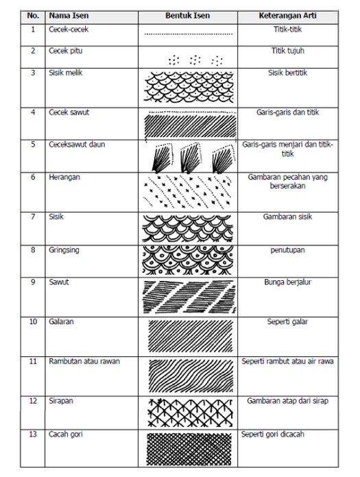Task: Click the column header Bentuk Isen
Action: point(188,14)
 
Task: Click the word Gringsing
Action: point(64,249)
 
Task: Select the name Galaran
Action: point(62,321)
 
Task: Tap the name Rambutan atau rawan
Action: point(83,360)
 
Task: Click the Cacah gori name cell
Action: point(65,434)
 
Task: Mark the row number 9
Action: point(32,281)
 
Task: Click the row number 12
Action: point(32,400)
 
